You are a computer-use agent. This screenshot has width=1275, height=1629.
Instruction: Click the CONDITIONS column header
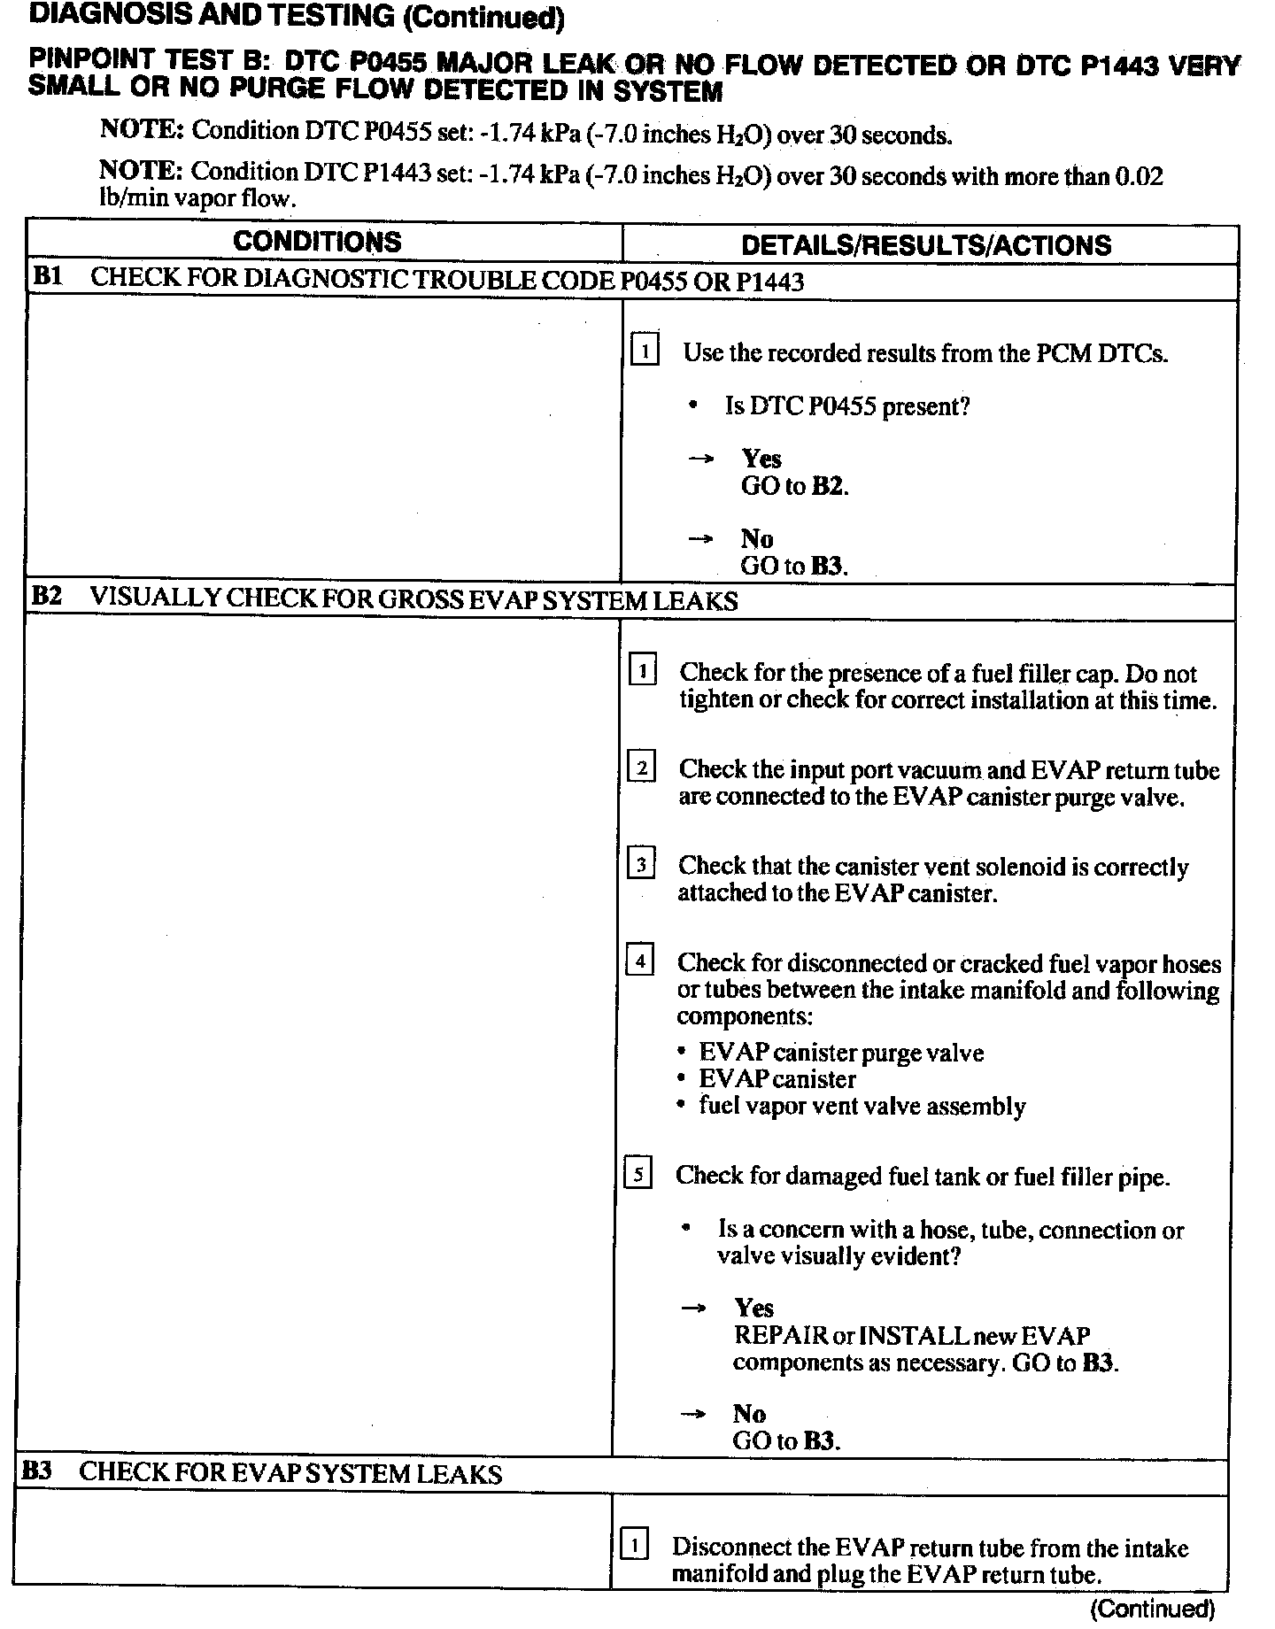pos(317,242)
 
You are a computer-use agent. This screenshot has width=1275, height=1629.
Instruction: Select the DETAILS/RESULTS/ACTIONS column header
pos(926,244)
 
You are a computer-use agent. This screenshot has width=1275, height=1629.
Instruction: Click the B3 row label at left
pos(36,1471)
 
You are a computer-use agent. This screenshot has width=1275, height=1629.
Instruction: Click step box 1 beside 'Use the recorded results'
pos(645,351)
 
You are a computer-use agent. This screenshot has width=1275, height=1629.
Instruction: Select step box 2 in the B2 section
pos(642,766)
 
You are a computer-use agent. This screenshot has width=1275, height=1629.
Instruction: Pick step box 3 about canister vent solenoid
pos(641,863)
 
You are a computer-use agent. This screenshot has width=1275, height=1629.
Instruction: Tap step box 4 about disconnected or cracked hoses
pos(640,960)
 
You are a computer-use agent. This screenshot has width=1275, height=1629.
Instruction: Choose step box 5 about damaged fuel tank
pos(638,1175)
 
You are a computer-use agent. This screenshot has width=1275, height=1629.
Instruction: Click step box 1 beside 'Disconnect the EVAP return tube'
pos(635,1546)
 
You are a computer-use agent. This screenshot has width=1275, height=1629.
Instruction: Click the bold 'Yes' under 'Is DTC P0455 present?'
pos(761,459)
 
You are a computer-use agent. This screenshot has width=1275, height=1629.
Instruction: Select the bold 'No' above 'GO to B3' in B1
pos(756,538)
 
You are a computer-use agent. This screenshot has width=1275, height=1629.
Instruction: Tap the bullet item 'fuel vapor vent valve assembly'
pos(862,1107)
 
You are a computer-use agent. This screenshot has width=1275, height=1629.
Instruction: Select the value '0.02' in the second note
pos(1139,175)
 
